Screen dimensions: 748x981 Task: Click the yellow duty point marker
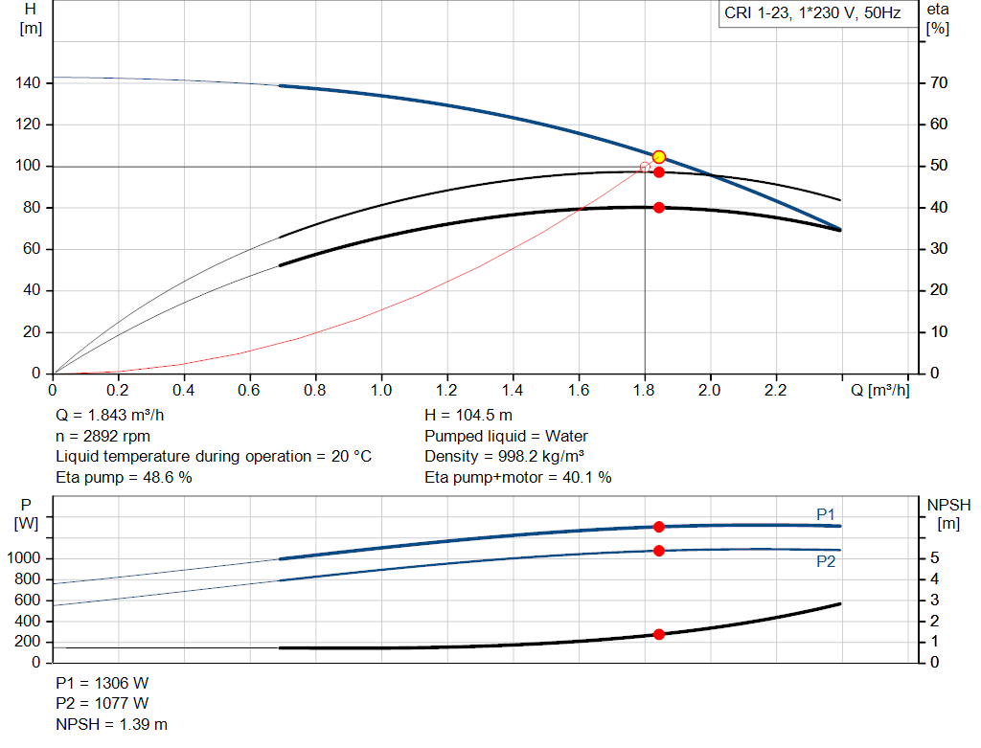click(x=658, y=157)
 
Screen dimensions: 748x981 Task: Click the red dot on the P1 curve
click(x=658, y=527)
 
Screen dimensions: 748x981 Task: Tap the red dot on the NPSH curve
click(x=658, y=634)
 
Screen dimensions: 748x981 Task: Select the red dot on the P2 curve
click(x=658, y=551)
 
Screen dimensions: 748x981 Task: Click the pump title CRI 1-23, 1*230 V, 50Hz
click(x=812, y=14)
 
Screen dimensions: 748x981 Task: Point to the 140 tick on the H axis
click(x=28, y=83)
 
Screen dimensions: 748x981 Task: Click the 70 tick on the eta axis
click(x=938, y=83)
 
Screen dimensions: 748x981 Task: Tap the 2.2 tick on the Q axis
click(x=775, y=391)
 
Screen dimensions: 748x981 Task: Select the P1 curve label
click(x=825, y=514)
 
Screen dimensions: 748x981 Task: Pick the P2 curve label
click(x=825, y=561)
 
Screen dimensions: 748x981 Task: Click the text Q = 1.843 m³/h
click(x=116, y=416)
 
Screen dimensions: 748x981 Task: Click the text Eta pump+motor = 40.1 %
click(x=517, y=477)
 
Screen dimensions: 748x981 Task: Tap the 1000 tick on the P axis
click(x=25, y=558)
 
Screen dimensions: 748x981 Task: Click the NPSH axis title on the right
click(x=948, y=513)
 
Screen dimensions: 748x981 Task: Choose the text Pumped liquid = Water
click(x=506, y=436)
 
